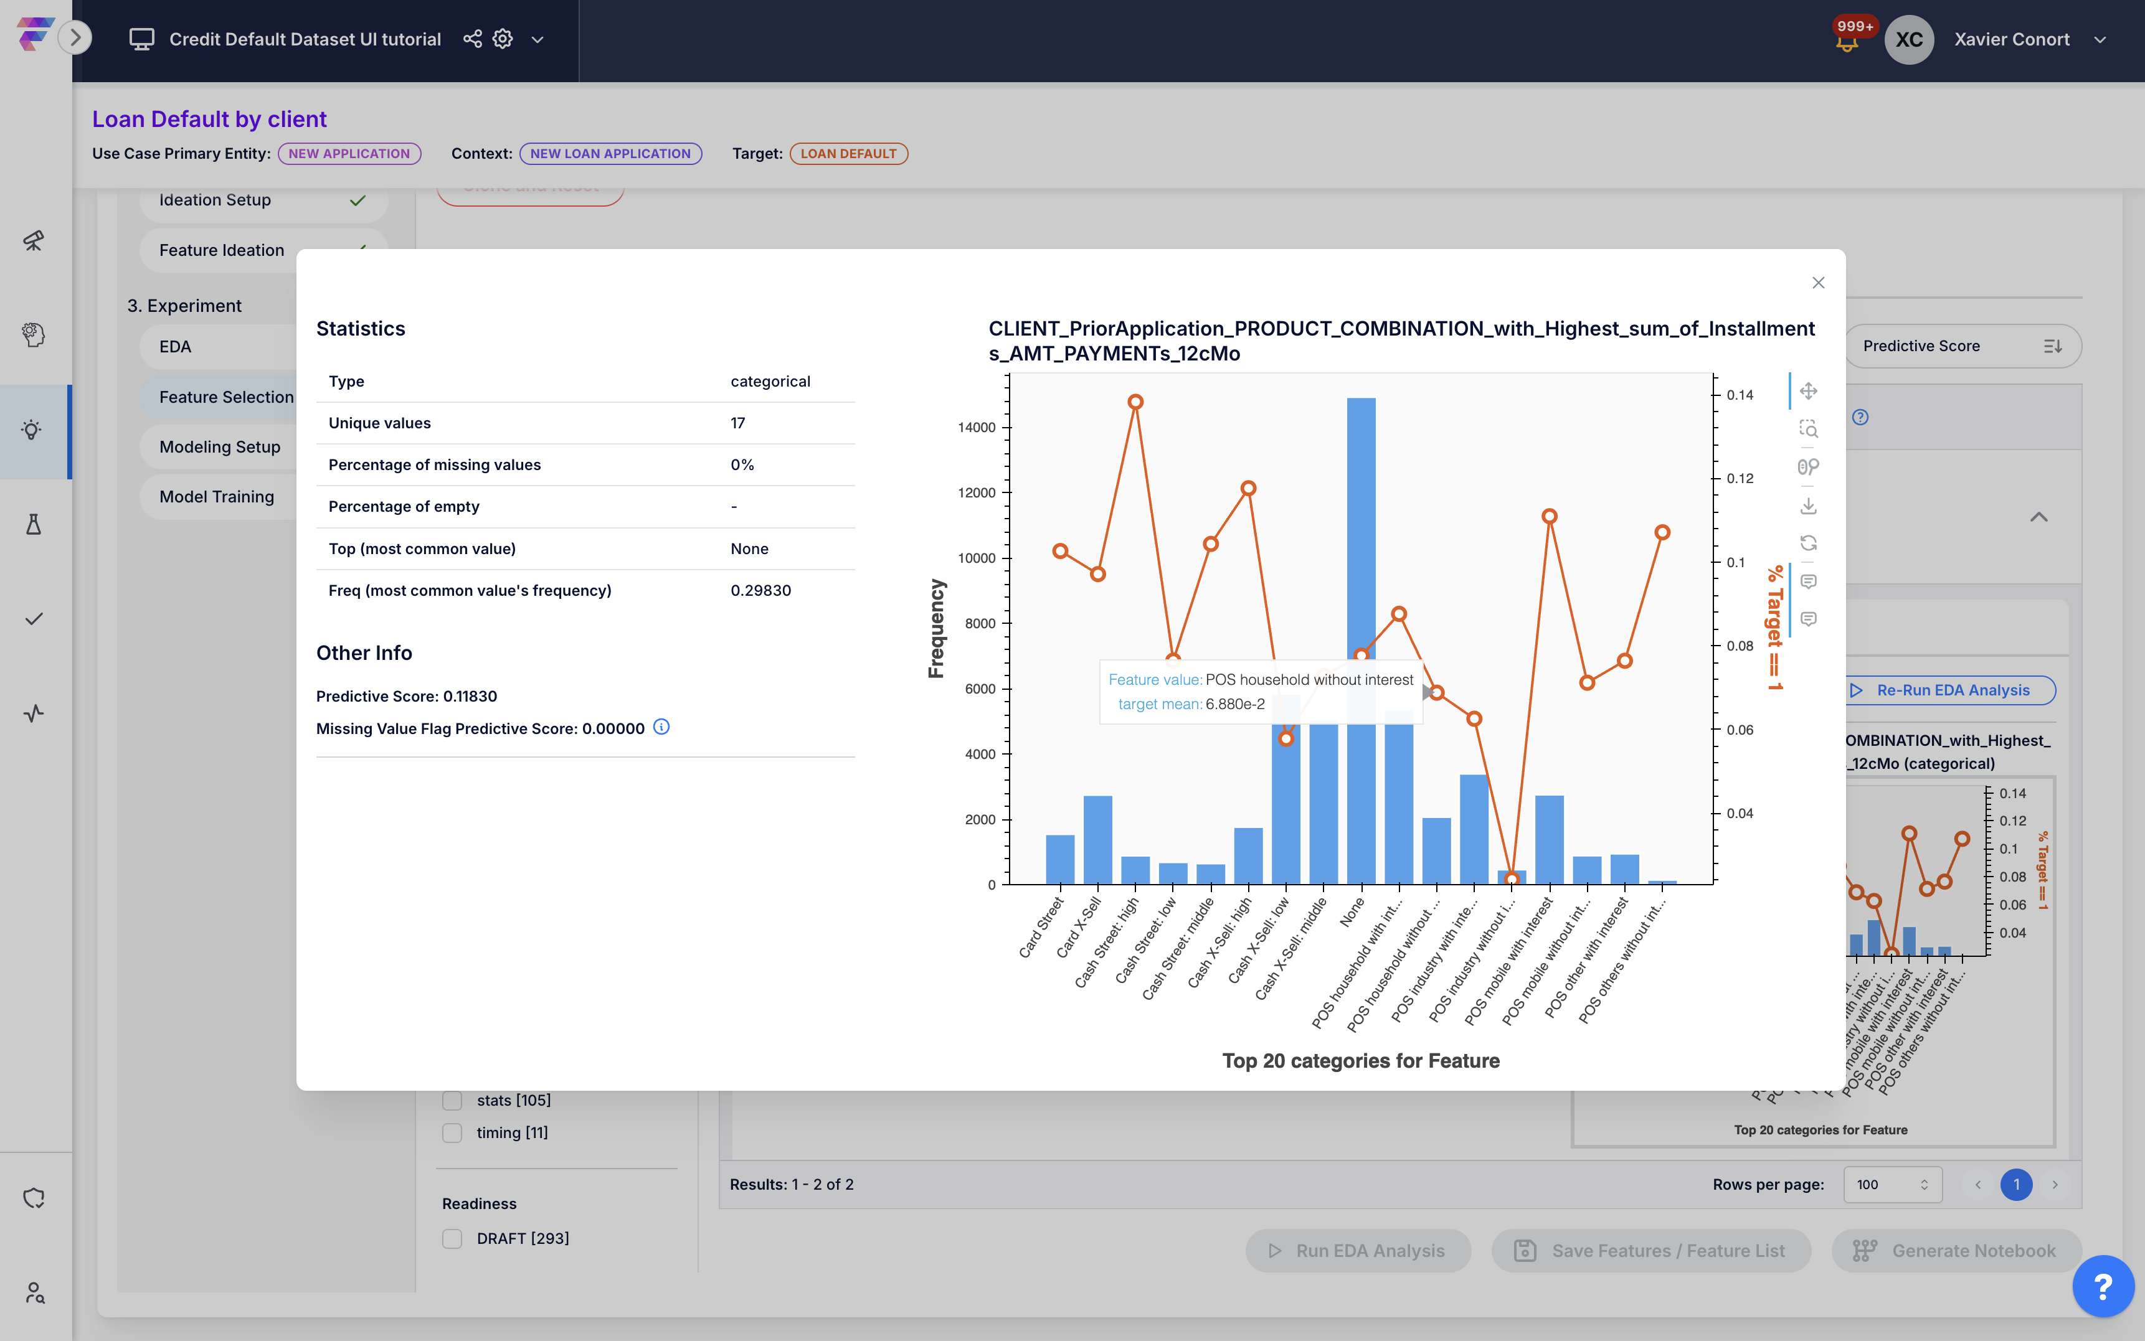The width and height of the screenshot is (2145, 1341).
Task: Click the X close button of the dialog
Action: click(x=1817, y=283)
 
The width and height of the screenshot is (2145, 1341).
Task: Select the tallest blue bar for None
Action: click(x=1361, y=639)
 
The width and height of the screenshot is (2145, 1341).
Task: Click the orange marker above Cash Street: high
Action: click(x=1135, y=402)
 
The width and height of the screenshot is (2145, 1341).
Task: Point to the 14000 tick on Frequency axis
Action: click(x=977, y=428)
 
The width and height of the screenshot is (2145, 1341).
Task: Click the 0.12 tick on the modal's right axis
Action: click(x=1740, y=479)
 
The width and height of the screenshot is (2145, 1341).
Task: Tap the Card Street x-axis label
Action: click(x=1041, y=928)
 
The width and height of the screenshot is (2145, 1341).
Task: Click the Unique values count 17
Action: click(x=737, y=423)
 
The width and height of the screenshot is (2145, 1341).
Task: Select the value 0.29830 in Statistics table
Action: click(x=760, y=591)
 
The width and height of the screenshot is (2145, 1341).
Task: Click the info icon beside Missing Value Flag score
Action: click(x=661, y=727)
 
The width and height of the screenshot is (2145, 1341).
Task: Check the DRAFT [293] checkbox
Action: click(x=452, y=1238)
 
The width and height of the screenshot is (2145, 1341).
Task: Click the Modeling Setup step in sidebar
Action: click(x=220, y=447)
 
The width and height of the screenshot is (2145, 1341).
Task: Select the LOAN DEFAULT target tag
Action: click(x=848, y=153)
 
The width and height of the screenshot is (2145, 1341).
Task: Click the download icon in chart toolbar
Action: click(x=1808, y=506)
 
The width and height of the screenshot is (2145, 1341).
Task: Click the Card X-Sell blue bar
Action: click(x=1097, y=840)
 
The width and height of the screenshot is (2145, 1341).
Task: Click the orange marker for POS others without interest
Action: click(x=1662, y=532)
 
